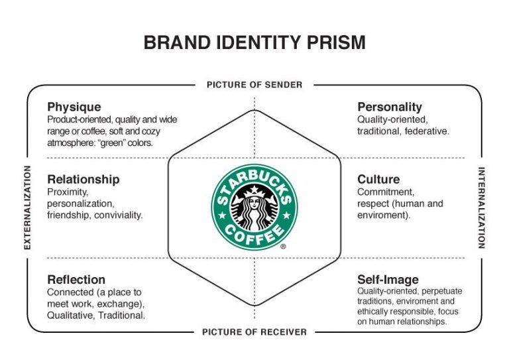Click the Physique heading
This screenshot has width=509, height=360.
(74, 107)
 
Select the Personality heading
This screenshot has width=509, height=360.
(390, 107)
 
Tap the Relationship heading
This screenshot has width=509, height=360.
(84, 180)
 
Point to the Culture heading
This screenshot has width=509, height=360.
(378, 179)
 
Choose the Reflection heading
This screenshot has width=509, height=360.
(76, 280)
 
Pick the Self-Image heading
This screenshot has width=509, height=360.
(388, 280)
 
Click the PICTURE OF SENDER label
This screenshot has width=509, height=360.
(254, 85)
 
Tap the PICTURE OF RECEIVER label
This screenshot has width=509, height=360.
(254, 332)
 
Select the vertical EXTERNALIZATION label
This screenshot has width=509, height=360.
(28, 208)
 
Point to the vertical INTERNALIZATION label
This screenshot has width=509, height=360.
(481, 208)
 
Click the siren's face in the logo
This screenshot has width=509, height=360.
(254, 204)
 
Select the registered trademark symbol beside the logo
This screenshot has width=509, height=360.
(283, 247)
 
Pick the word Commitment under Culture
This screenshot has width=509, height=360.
(386, 192)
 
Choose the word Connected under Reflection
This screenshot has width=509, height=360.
(70, 292)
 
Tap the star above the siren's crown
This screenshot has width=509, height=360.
(254, 189)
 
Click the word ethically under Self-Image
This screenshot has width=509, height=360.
(372, 312)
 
